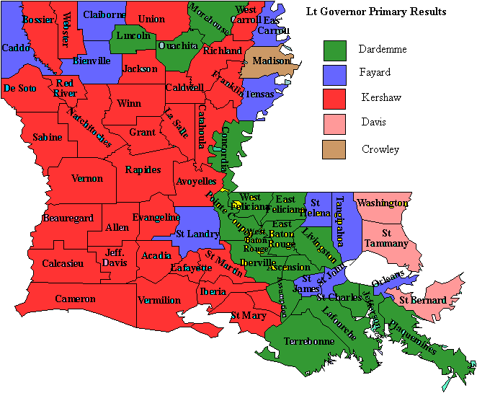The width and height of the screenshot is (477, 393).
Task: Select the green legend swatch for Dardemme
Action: tap(334, 50)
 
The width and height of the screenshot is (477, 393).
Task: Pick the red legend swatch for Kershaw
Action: tap(334, 99)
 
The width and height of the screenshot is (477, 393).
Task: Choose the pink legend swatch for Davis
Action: tap(334, 123)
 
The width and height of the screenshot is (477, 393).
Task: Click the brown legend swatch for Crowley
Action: tap(334, 149)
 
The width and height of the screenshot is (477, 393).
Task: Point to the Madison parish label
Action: tap(270, 61)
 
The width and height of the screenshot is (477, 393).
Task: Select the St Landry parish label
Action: tap(197, 233)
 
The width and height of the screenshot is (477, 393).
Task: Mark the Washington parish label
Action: tap(382, 203)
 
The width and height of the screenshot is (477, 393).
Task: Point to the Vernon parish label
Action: tap(86, 179)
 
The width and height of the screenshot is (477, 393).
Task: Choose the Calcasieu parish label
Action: tap(63, 264)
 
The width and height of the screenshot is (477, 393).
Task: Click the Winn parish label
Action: tap(129, 104)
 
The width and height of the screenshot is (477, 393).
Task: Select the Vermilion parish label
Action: tap(159, 300)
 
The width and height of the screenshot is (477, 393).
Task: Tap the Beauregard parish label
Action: tap(68, 218)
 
